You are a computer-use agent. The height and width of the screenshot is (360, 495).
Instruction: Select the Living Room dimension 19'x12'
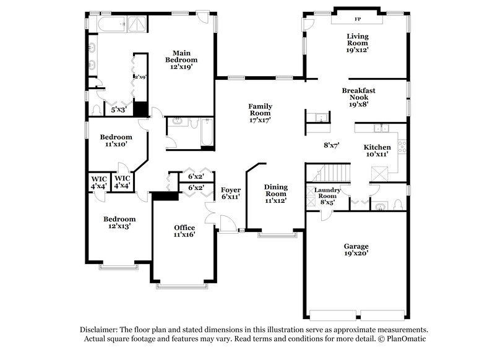pos(357,50)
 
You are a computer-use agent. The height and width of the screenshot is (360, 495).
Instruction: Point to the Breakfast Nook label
pos(359,94)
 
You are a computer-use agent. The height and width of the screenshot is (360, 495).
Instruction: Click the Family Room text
pos(260,110)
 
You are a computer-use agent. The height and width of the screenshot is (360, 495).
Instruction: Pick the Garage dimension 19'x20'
pos(356,253)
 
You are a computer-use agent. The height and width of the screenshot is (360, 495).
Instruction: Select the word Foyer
pos(231,189)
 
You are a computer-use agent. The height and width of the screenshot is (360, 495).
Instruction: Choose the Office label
pos(184,228)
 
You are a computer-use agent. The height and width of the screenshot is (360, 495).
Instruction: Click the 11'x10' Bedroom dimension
pos(116,144)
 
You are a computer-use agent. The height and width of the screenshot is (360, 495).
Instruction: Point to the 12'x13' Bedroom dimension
pos(119,226)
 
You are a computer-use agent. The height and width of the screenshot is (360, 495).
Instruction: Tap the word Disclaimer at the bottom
pos(100,330)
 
